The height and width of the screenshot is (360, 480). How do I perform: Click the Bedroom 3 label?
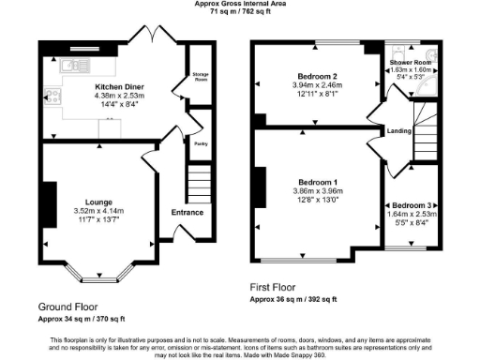(413, 205)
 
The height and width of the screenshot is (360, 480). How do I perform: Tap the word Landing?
(399, 131)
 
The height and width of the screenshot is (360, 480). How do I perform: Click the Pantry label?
(200, 143)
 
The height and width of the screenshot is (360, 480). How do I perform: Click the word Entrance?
(187, 213)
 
